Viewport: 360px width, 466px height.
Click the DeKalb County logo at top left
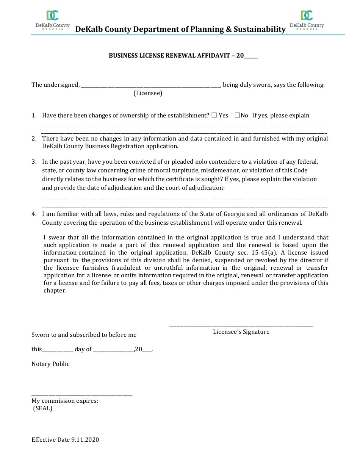pyautogui.click(x=52, y=20)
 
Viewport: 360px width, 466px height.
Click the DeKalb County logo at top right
pyautogui.click(x=307, y=20)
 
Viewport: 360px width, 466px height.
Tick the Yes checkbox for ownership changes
pyautogui.click(x=214, y=115)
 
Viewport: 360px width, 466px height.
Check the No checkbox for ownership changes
pyautogui.click(x=237, y=115)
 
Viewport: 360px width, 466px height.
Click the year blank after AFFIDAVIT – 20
pyautogui.click(x=251, y=56)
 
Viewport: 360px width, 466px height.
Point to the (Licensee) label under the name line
pyautogui.click(x=148, y=93)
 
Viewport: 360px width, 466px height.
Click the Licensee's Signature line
pyautogui.click(x=241, y=325)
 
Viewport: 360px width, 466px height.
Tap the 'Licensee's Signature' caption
pyautogui.click(x=241, y=332)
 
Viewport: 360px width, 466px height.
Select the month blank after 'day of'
pyautogui.click(x=113, y=350)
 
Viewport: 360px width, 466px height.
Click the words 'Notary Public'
pyautogui.click(x=50, y=364)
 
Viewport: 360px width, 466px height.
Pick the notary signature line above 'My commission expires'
pyautogui.click(x=82, y=395)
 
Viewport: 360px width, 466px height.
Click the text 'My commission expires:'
pyautogui.click(x=65, y=401)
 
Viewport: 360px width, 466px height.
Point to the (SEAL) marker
pyautogui.click(x=42, y=408)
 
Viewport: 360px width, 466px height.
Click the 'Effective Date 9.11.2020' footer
pyautogui.click(x=65, y=440)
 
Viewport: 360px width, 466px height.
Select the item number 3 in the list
pyautogui.click(x=34, y=162)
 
